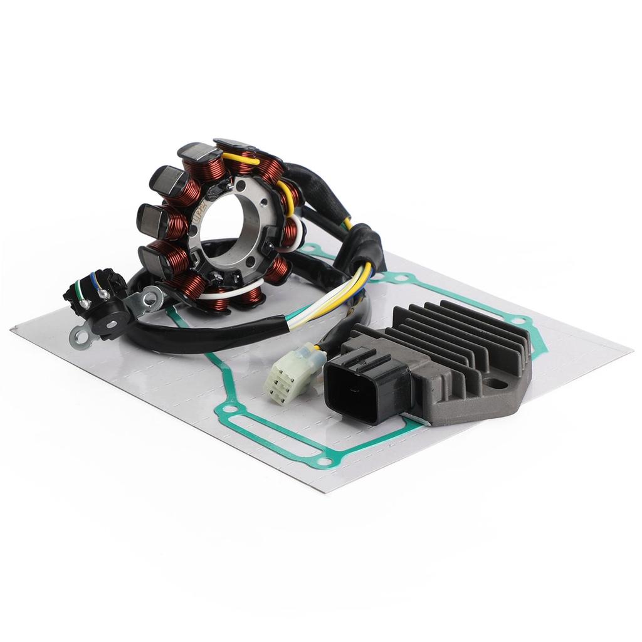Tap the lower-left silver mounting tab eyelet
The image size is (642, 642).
point(80,338)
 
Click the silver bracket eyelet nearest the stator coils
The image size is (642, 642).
point(150,298)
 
